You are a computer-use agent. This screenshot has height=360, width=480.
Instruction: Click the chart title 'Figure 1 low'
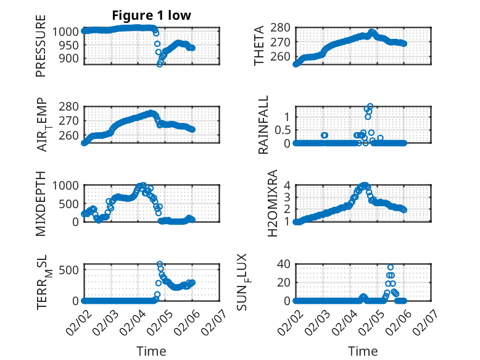(152, 16)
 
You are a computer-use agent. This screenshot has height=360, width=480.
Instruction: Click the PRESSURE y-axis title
(41, 50)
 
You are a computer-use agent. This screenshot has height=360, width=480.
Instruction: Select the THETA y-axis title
(260, 45)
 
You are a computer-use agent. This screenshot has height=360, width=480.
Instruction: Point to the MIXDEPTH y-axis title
(41, 203)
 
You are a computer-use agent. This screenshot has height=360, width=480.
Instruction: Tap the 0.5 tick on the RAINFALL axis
(281, 130)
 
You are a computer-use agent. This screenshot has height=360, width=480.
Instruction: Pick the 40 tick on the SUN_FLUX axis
(283, 264)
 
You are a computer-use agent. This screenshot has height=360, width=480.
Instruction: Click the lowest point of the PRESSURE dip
(160, 64)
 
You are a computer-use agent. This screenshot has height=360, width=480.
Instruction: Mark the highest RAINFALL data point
(370, 106)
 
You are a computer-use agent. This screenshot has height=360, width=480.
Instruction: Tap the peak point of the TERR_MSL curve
(159, 264)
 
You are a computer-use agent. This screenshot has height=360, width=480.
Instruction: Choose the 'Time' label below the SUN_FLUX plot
(363, 351)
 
